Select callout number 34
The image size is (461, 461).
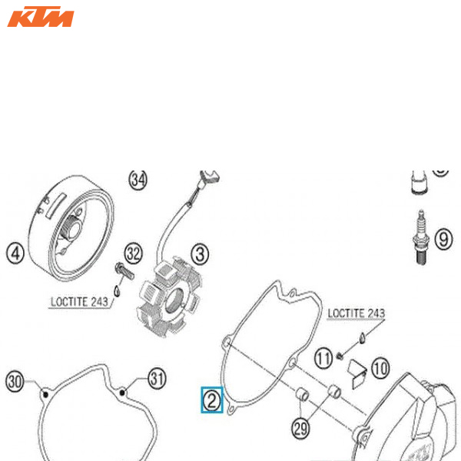[138, 180]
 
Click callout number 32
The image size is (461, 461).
[134, 252]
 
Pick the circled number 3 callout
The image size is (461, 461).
[200, 253]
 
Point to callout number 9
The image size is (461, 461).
[443, 239]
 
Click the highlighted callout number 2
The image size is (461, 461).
[211, 400]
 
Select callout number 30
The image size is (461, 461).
[15, 380]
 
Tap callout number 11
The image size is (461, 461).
[324, 357]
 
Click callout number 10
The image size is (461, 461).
[380, 367]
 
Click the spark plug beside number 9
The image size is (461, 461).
[420, 238]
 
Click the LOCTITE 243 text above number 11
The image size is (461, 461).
[356, 313]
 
